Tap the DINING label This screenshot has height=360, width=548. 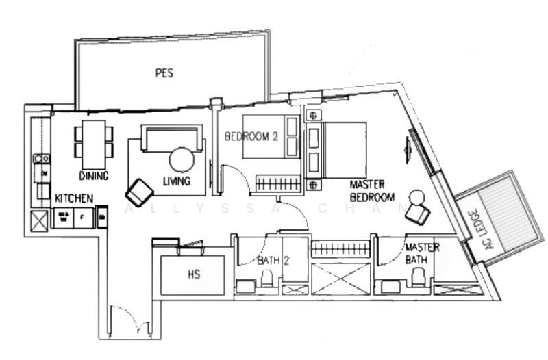[x=93, y=175]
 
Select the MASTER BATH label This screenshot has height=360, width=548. [x=421, y=255]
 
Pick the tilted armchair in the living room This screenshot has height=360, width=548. [x=141, y=189]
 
